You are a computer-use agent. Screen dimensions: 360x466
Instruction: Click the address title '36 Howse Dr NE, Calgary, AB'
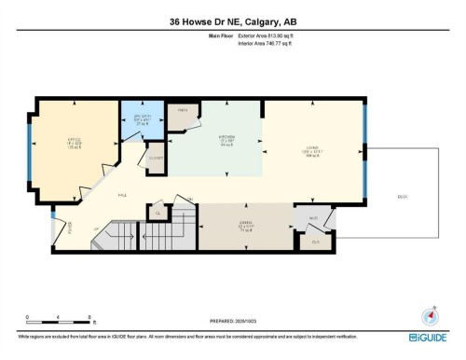point(233,21)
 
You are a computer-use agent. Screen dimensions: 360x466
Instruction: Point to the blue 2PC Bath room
point(142,120)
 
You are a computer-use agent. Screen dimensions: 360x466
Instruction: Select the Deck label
point(403,196)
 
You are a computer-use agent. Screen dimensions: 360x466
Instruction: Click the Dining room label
point(245,226)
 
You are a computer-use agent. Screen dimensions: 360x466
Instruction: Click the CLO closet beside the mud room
point(315,242)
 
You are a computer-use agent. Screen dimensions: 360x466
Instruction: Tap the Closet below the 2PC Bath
point(156,158)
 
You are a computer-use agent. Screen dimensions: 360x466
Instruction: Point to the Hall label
point(121,194)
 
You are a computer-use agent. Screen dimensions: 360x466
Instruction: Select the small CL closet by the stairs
point(159,214)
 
